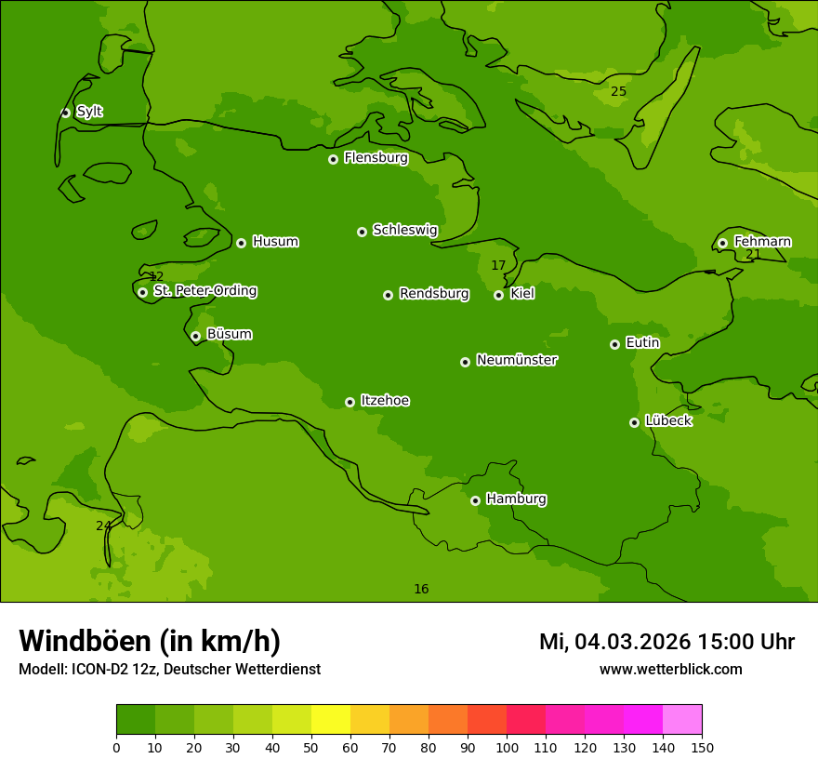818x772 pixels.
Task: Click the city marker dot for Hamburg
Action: [475, 500]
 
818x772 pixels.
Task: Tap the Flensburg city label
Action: [376, 158]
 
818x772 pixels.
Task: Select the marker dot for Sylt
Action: [65, 113]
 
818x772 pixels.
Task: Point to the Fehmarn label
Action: [762, 242]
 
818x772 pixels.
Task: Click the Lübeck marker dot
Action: [634, 422]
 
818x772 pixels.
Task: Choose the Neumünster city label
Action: [516, 360]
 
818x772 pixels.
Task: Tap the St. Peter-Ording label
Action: [204, 291]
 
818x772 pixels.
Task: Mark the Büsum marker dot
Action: [195, 336]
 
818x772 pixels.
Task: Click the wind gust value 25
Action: [618, 91]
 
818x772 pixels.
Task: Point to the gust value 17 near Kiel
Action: [498, 265]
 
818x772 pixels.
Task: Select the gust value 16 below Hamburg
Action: [421, 589]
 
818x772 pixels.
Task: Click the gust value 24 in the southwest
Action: [103, 526]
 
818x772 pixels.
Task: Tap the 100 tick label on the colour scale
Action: [507, 747]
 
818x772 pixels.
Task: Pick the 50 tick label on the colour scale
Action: [311, 747]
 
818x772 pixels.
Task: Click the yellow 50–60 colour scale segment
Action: [331, 720]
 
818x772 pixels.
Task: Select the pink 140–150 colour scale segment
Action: [682, 720]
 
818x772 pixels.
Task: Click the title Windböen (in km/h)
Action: [150, 641]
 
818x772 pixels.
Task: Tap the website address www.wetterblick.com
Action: [670, 669]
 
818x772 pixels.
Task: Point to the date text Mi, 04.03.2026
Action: [614, 642]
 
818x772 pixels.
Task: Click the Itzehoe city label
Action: [385, 401]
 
